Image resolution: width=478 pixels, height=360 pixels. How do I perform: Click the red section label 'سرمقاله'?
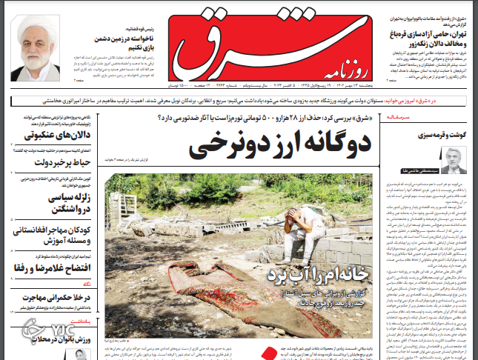tap(452, 119)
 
